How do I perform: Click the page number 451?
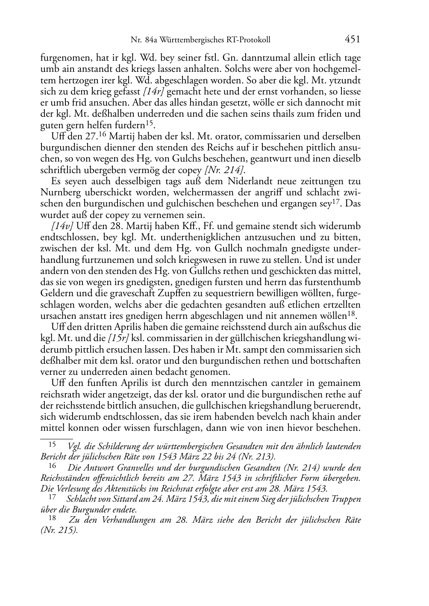(352, 40)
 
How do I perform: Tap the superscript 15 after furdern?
(149, 123)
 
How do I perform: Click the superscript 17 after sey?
(337, 201)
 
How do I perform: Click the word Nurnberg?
(59, 192)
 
